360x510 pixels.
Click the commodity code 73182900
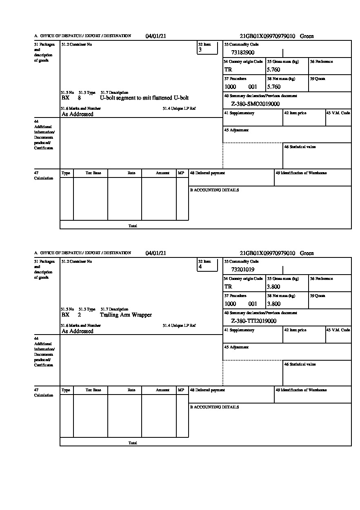243,53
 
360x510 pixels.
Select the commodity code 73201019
243,270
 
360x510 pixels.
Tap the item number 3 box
207,48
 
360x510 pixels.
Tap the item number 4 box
207,265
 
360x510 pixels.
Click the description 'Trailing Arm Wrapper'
126,315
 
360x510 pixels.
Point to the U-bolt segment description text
144,98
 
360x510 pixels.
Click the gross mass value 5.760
273,70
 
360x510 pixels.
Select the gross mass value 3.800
273,287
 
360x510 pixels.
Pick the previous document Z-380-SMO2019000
255,104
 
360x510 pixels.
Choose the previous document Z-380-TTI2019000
253,321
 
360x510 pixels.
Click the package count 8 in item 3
79,98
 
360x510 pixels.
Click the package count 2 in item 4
79,315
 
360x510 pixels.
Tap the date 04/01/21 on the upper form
156,36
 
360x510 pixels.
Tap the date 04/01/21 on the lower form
156,253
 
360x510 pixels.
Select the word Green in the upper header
307,36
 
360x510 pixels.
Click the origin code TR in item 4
228,287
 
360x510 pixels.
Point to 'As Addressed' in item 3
78,114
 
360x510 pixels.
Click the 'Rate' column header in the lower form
131,390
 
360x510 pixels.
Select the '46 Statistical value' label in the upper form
300,147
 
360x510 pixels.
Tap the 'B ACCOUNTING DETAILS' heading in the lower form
214,407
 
